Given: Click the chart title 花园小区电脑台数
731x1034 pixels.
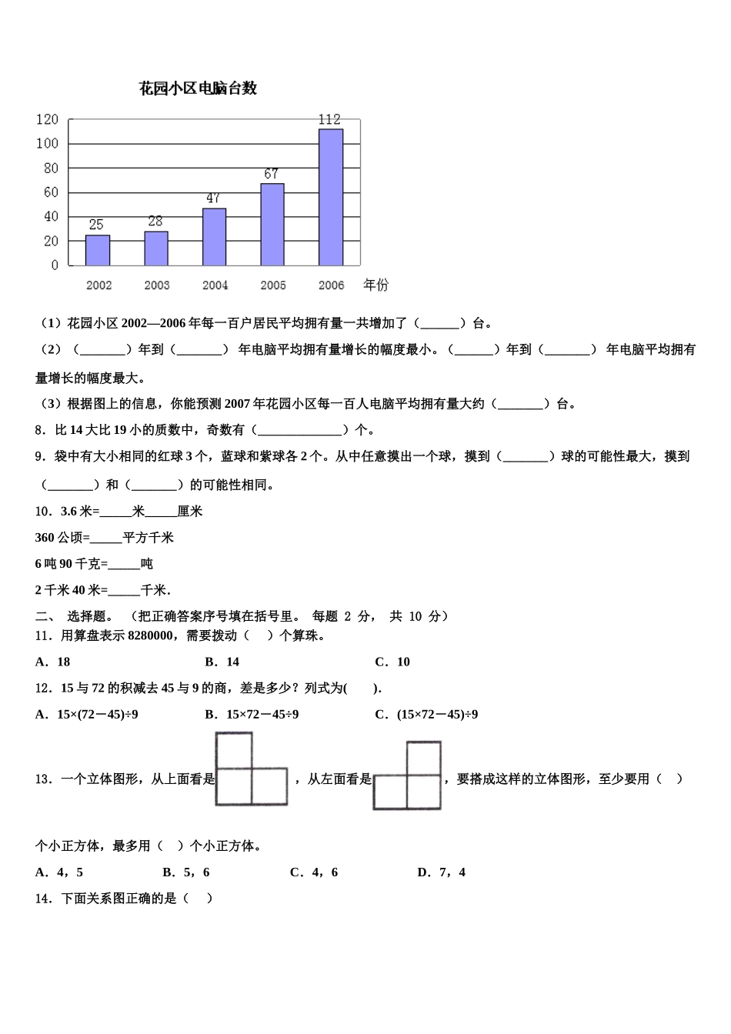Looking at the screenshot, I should coord(198,88).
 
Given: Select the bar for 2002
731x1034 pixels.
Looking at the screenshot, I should coord(98,250).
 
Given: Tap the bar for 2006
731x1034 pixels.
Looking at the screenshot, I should coord(331,197).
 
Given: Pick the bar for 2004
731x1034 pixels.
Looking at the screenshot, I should coord(214,237).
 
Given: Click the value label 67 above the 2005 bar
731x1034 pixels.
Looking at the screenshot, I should coord(271,174).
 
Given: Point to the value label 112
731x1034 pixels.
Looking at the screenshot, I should coord(329,119).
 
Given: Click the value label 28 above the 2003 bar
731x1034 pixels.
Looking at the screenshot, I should coord(155,222).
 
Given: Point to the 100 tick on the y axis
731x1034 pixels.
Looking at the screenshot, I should coord(47,144).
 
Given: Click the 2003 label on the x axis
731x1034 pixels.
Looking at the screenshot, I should coord(157,285).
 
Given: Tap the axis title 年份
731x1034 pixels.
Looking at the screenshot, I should coord(376,285).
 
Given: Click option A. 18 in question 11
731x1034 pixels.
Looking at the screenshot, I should coord(53,662).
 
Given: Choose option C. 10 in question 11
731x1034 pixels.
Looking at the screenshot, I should coord(392,662).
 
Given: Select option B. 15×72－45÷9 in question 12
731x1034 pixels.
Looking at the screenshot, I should coord(252,714).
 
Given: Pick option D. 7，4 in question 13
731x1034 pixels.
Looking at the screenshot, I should coord(441,872).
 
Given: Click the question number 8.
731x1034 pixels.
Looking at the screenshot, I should coord(39,430).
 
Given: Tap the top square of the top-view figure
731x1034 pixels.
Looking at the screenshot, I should coord(234,750).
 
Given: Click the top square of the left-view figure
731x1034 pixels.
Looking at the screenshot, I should coord(424,759).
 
